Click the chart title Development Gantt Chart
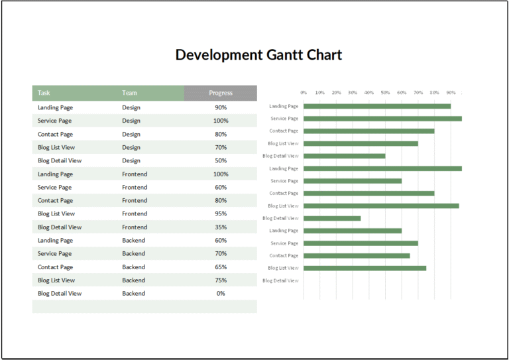coord(258,54)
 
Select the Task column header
coord(44,93)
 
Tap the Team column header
coord(129,93)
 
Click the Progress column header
coord(221,93)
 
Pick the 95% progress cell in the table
coord(221,213)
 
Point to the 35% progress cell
coord(221,227)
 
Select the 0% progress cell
coord(221,293)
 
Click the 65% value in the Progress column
coord(221,267)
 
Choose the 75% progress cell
coord(221,280)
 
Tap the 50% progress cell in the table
coord(221,160)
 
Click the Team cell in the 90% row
coord(131,107)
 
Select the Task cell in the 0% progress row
coord(60,293)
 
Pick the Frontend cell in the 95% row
coord(135,213)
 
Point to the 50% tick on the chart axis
coord(385,93)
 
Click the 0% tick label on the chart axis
coord(304,93)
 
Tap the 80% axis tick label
coord(434,93)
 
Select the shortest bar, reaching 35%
coord(332,218)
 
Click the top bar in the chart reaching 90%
coord(376,106)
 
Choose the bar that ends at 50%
coord(344,156)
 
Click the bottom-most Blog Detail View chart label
coord(280,280)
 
